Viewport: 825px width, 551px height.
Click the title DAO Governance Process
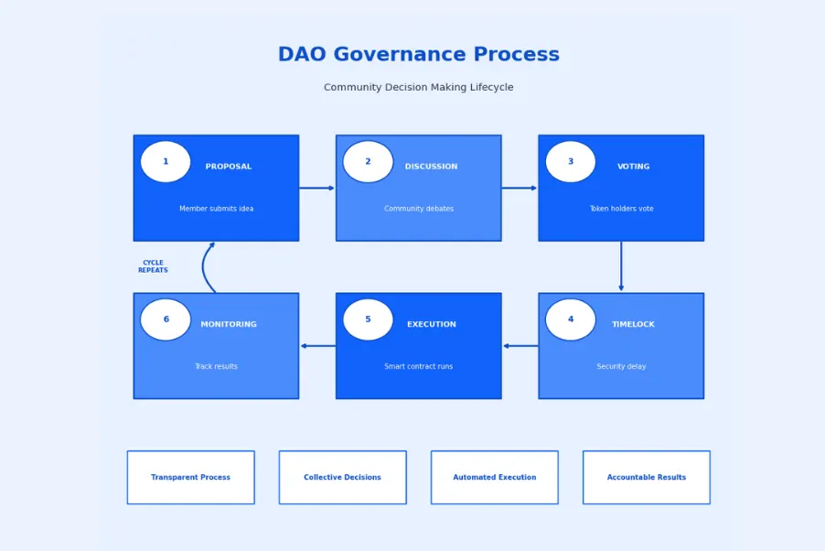click(418, 55)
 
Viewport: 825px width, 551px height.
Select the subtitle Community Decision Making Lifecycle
click(418, 88)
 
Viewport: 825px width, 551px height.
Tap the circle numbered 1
click(166, 162)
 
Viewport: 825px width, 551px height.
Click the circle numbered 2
click(368, 162)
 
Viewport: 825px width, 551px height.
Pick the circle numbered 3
click(570, 162)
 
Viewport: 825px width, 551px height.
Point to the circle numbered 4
click(570, 319)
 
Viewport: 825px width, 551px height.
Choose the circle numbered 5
click(368, 319)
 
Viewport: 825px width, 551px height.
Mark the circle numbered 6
click(166, 319)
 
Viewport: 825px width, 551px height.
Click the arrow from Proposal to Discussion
click(316, 189)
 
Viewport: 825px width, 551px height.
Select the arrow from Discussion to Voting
click(519, 189)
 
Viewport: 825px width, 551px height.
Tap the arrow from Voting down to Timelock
click(621, 266)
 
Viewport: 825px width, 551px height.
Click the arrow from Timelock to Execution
click(520, 346)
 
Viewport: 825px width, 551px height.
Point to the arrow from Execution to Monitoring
click(317, 346)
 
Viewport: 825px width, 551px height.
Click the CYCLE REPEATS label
click(153, 266)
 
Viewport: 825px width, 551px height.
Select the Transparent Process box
click(190, 477)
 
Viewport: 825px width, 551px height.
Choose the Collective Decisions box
click(342, 477)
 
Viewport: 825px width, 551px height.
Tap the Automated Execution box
click(494, 477)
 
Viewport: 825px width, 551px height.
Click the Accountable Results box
click(646, 477)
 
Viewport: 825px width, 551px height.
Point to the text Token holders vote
click(621, 209)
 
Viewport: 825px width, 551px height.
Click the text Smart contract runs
click(418, 367)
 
